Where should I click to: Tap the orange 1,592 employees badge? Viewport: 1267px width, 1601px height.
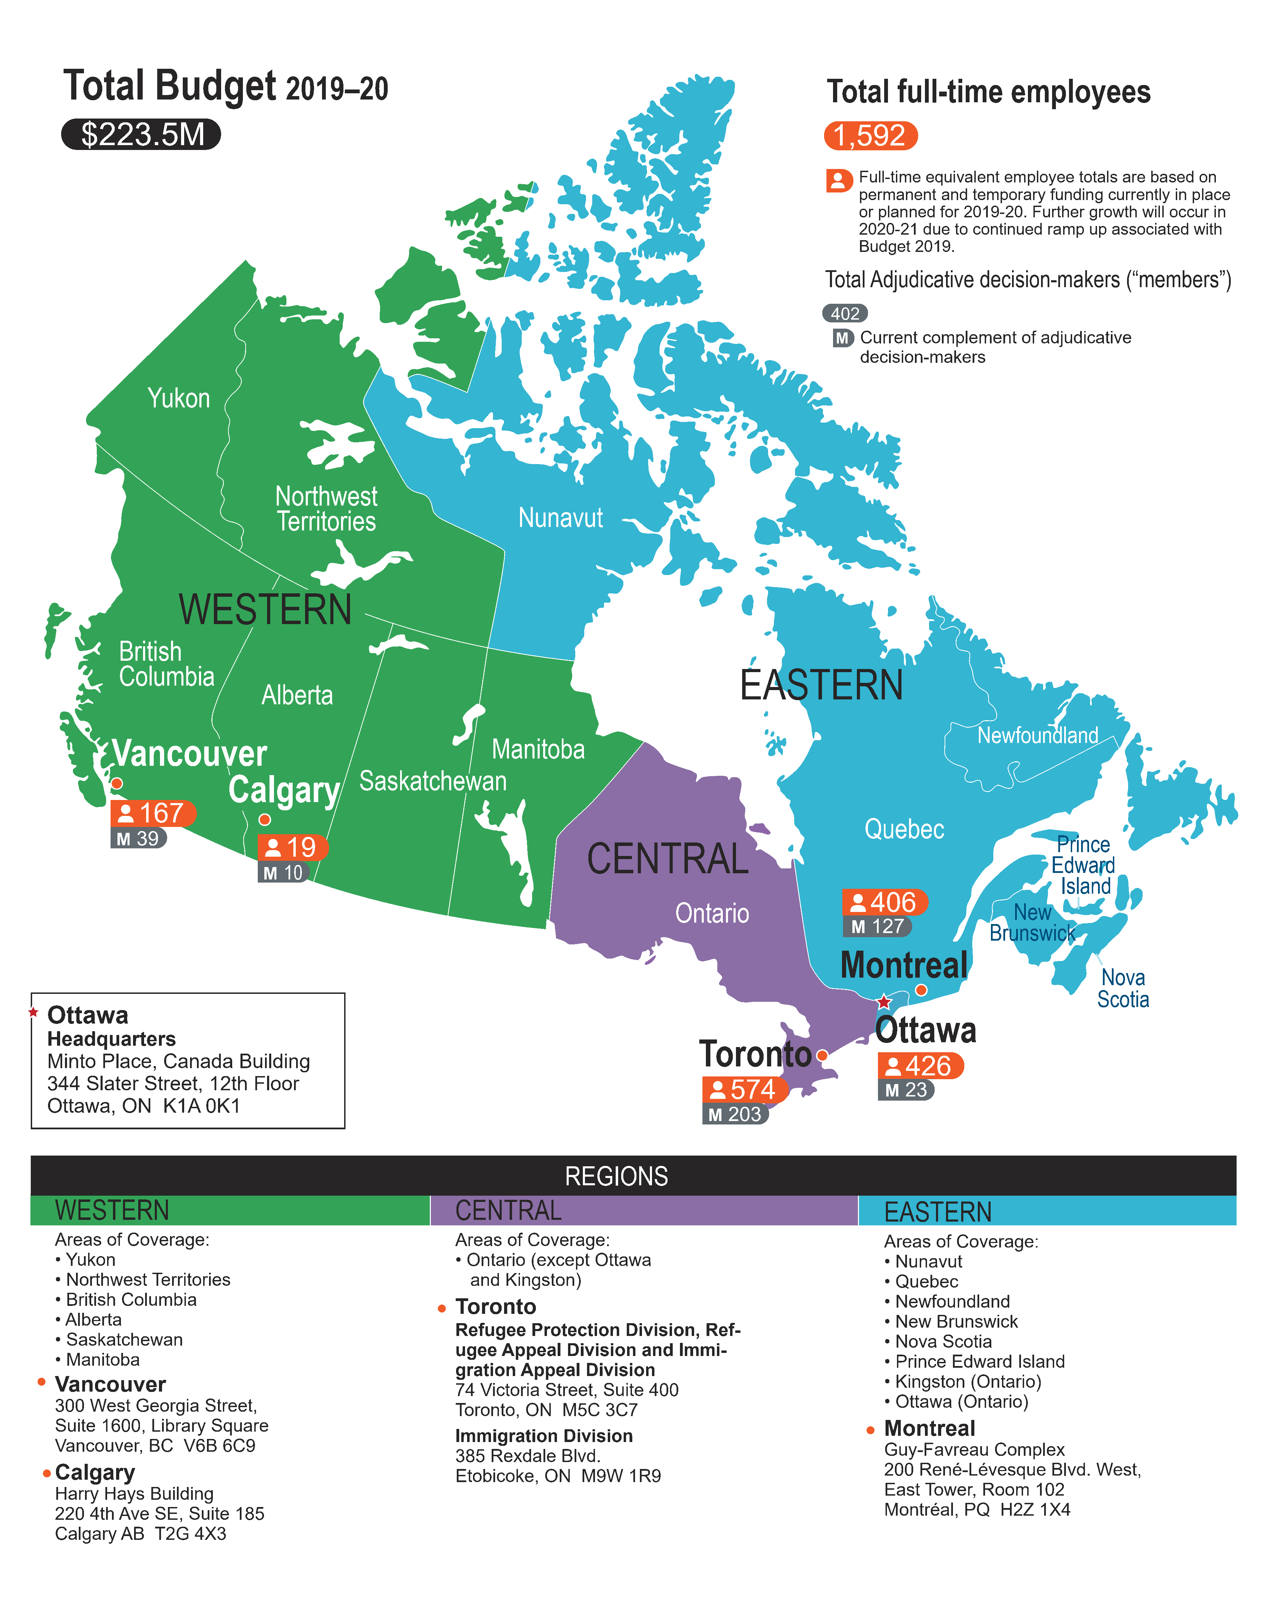click(x=870, y=136)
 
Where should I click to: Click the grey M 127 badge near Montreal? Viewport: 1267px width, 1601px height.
click(x=877, y=926)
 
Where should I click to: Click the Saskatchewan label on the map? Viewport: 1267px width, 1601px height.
click(x=433, y=781)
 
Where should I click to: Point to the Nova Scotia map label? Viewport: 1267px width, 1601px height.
click(x=1123, y=988)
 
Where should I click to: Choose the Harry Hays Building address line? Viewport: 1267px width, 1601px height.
click(x=134, y=1494)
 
